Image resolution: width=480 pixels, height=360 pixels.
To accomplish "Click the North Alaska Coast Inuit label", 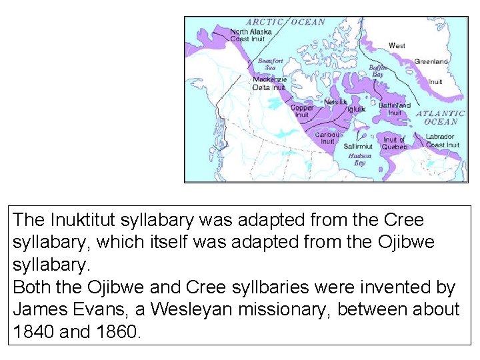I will point(247,35).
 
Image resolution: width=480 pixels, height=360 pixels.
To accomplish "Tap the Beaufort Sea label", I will point(271,64).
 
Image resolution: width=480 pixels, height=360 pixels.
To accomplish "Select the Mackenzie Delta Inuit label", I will point(269,83).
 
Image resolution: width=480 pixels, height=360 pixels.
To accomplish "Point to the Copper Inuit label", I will point(302,111).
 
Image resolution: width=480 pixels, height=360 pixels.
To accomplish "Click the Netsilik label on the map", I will point(335,102).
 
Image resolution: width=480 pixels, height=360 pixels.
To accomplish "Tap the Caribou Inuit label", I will point(327,137).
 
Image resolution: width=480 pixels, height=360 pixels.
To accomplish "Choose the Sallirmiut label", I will point(358,146).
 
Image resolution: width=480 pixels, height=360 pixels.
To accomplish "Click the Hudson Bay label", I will point(360,159).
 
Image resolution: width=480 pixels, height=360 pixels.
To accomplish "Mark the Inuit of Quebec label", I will point(394,143).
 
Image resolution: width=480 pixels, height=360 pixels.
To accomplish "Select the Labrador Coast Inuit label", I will point(443,141).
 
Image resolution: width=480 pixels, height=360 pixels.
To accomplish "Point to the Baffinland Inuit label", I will point(395,109).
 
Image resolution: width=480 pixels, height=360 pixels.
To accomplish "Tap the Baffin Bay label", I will point(378,71).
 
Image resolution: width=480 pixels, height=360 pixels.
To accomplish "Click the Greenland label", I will point(431,61).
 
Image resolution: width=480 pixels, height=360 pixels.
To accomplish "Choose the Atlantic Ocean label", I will point(441,117).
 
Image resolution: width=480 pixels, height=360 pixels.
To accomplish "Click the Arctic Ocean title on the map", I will point(286,21).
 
